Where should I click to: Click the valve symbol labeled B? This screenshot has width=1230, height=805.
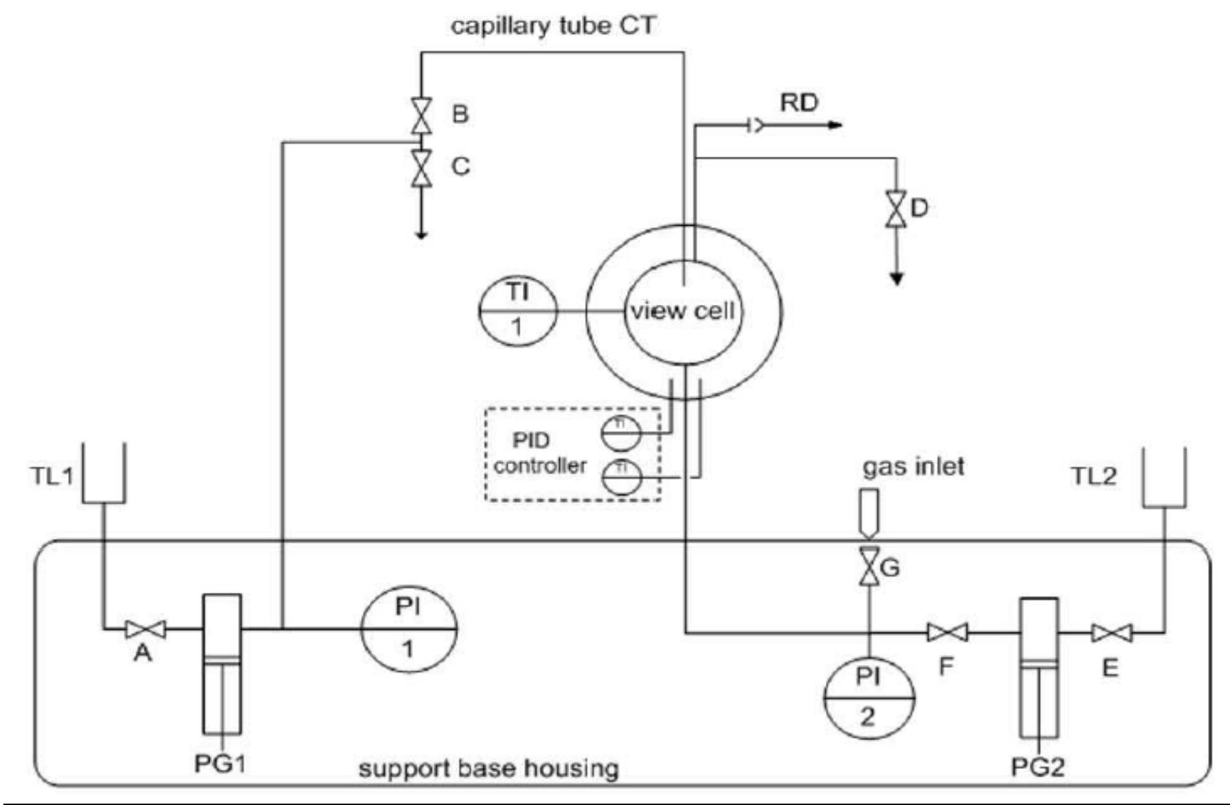click(x=421, y=115)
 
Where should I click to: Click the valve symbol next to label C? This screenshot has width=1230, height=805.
click(x=421, y=169)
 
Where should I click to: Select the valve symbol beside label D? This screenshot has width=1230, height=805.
click(x=896, y=209)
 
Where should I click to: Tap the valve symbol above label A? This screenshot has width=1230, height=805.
click(x=145, y=629)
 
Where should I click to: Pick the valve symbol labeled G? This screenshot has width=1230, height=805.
click(x=869, y=566)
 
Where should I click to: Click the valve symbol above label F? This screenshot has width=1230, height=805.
click(x=947, y=633)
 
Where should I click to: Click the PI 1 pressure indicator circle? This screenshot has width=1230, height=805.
click(x=408, y=628)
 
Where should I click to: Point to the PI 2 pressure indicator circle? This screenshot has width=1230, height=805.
click(x=868, y=697)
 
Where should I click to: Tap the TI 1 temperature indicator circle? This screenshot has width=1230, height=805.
click(x=517, y=311)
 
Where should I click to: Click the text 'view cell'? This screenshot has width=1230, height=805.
click(x=682, y=311)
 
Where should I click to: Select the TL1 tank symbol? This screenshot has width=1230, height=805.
click(x=104, y=473)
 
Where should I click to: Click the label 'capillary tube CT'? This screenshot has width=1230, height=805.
click(x=553, y=26)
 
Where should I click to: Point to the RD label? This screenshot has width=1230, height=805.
click(x=799, y=103)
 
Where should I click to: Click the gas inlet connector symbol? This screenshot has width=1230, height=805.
click(x=869, y=512)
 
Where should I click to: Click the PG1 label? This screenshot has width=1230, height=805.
click(x=220, y=763)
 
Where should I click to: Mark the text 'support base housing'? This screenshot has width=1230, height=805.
click(x=489, y=769)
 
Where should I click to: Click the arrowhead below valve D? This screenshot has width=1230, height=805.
click(x=897, y=278)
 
